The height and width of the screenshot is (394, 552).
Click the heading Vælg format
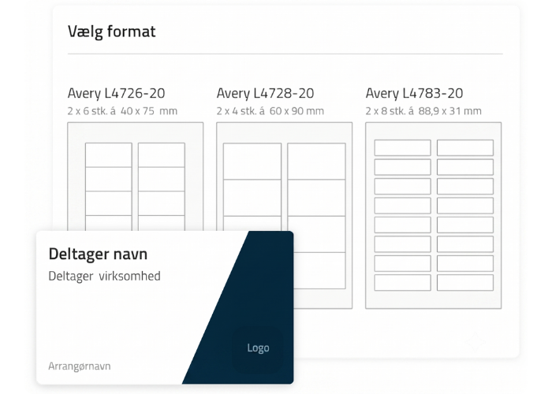click(112, 32)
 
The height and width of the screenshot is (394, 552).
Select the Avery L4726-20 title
click(116, 93)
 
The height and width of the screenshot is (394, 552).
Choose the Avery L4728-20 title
click(265, 93)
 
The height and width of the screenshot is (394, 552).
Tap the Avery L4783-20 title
click(414, 93)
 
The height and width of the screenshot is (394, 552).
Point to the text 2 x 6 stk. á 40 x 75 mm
click(122, 111)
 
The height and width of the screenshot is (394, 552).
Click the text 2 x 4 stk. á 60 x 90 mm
click(270, 111)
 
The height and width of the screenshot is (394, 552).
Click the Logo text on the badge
click(258, 348)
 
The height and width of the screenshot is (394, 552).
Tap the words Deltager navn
click(98, 254)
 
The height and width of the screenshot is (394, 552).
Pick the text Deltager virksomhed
click(104, 276)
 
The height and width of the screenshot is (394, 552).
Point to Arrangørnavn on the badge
click(80, 366)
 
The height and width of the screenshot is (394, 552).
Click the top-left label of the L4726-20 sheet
click(109, 154)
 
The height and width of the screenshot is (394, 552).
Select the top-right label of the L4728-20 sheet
click(316, 161)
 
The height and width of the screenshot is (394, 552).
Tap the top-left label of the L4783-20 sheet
click(402, 148)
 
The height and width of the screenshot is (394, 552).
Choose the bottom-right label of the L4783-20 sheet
click(465, 282)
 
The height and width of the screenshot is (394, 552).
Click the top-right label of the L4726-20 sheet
click(162, 154)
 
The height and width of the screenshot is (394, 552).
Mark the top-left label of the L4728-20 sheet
click(252, 161)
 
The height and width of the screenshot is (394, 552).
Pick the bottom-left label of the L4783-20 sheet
click(402, 282)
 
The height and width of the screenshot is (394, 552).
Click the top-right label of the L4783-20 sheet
click(465, 148)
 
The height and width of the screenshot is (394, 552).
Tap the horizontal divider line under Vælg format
click(285, 54)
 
